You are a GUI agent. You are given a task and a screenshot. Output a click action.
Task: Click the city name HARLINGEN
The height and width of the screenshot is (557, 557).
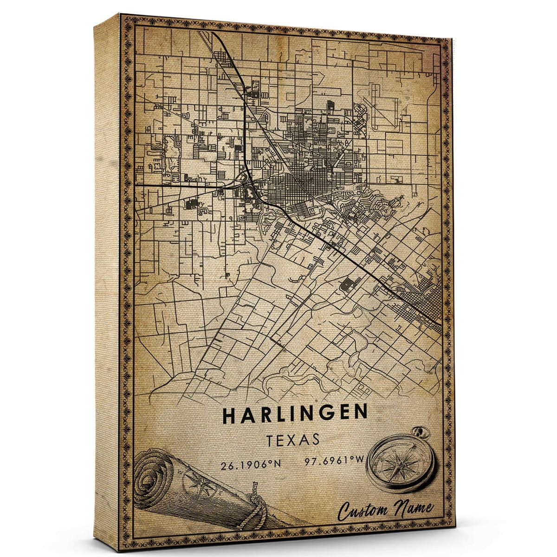[x=295, y=414]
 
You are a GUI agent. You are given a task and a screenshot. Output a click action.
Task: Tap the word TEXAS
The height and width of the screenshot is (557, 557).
[x=293, y=440]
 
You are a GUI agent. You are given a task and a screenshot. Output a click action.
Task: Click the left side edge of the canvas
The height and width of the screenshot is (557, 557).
[x=107, y=278]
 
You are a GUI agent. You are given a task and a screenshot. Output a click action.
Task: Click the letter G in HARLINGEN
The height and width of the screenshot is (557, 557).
[x=323, y=414]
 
